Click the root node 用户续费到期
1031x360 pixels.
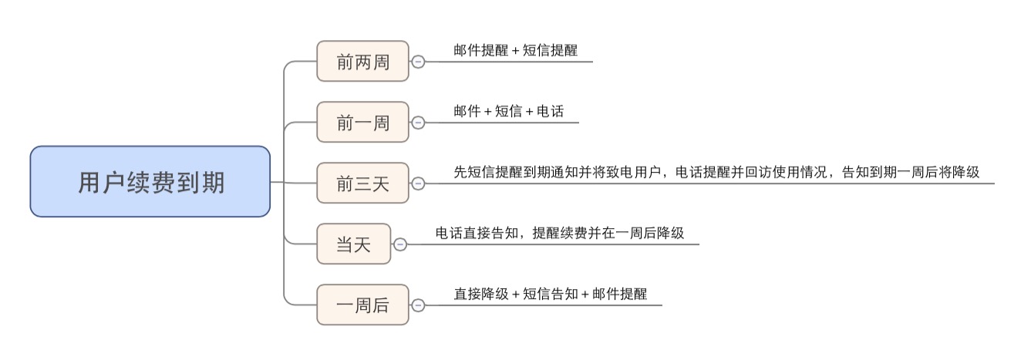point(150,182)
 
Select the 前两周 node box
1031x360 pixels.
point(362,62)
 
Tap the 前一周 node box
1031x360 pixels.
point(362,122)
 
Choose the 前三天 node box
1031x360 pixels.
point(362,183)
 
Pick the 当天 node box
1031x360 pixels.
point(354,244)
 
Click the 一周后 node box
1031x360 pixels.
point(362,305)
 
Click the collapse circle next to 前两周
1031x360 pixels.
point(418,62)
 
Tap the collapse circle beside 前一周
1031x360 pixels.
point(418,122)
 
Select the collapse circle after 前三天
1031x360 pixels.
point(418,183)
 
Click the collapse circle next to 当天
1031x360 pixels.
point(400,244)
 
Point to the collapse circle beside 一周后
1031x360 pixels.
point(418,305)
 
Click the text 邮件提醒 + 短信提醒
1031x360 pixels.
point(516,50)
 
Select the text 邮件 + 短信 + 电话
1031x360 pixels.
point(509,111)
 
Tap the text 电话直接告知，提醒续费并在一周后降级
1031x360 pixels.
point(560,233)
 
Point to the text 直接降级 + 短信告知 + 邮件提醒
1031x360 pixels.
point(551,294)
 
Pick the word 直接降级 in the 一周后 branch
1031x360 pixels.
point(482,294)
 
